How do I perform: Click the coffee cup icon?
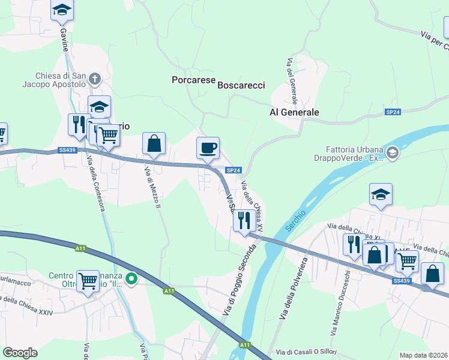(x=208, y=148)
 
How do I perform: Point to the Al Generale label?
(x=294, y=112)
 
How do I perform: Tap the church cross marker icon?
(x=95, y=78)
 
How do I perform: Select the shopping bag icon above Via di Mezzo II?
(x=154, y=144)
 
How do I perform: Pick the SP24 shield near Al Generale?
(x=393, y=112)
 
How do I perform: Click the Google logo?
(x=20, y=353)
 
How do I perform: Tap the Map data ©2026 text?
(x=423, y=355)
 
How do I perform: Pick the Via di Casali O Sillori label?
(x=306, y=352)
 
